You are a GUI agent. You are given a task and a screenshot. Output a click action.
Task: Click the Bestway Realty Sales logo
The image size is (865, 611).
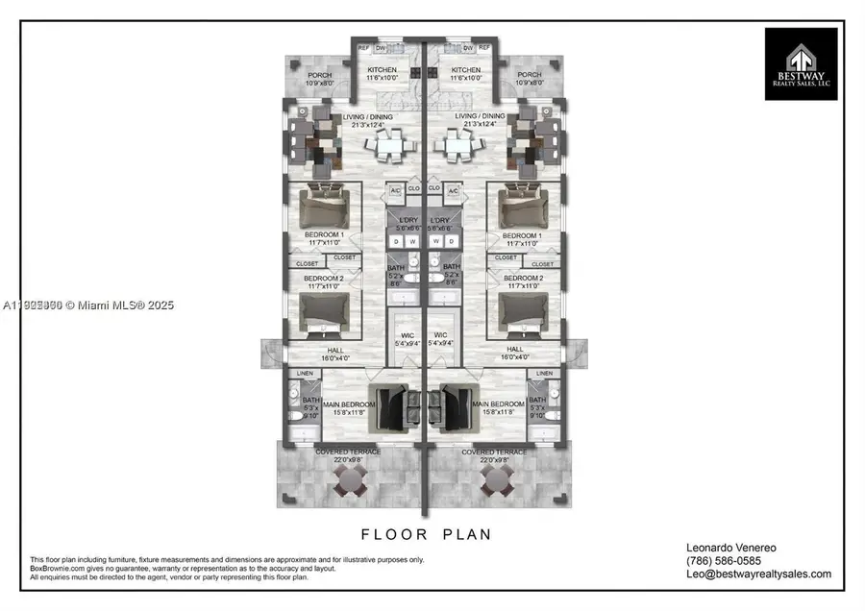[801, 63]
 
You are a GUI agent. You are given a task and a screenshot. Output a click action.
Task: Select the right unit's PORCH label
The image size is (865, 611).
[530, 75]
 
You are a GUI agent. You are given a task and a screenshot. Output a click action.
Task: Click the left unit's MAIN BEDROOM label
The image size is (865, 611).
[349, 404]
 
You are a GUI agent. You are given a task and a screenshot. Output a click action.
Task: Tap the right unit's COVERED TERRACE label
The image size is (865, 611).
[495, 452]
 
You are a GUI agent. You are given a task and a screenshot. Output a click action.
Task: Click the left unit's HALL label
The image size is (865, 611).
[335, 350]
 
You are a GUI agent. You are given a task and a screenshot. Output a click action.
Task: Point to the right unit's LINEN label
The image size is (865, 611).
[544, 373]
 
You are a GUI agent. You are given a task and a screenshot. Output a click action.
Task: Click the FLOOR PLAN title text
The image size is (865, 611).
[427, 533]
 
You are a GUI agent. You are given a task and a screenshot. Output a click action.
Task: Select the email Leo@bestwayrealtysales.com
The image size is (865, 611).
[760, 574]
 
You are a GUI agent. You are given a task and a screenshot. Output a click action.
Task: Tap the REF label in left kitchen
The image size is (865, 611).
[364, 47]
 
